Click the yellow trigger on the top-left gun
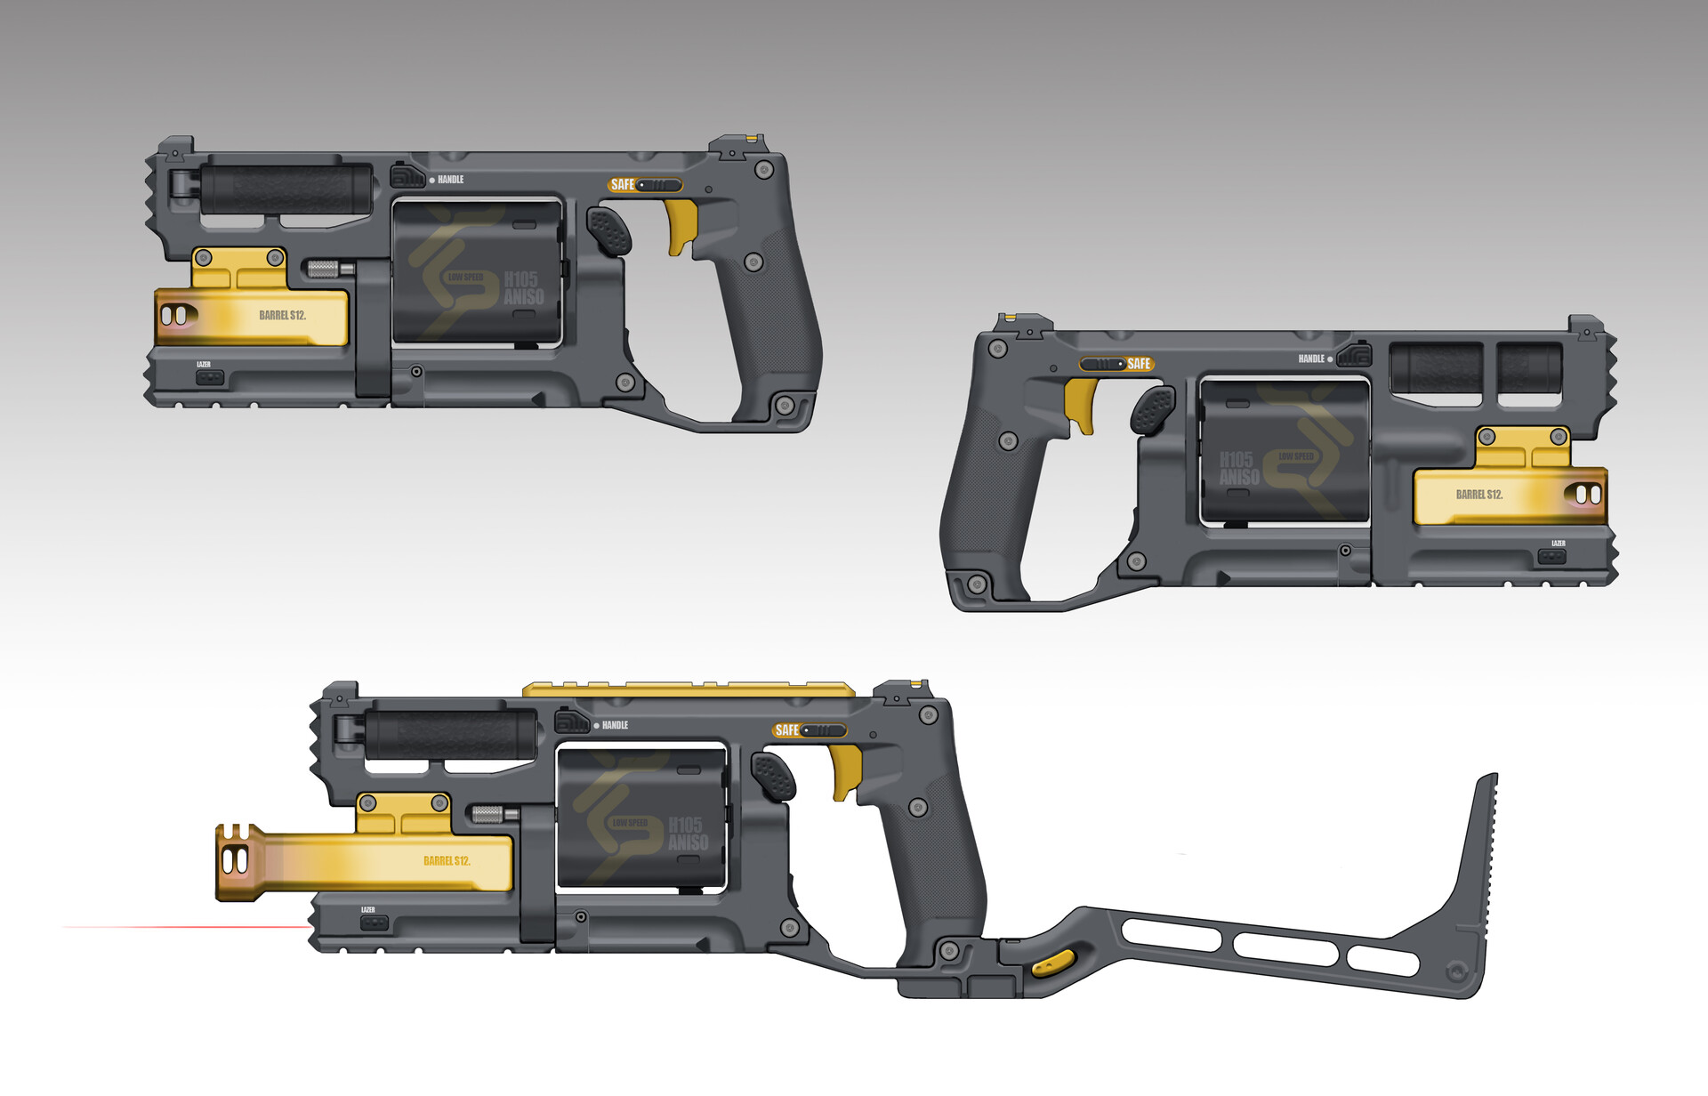pos(681,225)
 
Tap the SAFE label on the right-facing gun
pos(1139,364)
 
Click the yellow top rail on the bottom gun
pos(689,689)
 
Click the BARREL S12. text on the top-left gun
pos(282,316)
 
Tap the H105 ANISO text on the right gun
pos(1239,468)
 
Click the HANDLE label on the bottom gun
pos(615,725)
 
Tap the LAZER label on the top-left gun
pos(204,365)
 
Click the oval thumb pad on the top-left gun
pos(609,231)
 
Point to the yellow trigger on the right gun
pos(1080,402)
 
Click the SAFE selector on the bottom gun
pos(810,730)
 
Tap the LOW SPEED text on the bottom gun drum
pos(630,822)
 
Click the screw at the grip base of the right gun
pos(977,584)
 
